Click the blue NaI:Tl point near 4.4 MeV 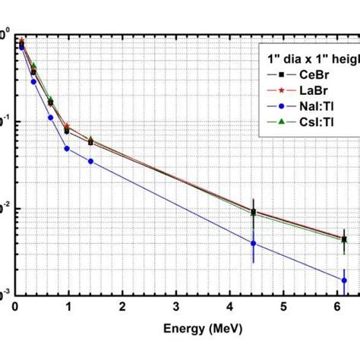[x=253, y=243]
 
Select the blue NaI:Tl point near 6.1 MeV [x=344, y=280]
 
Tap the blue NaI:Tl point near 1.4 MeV [x=90, y=161]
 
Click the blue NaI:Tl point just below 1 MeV [x=67, y=149]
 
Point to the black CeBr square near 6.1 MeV [x=344, y=239]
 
